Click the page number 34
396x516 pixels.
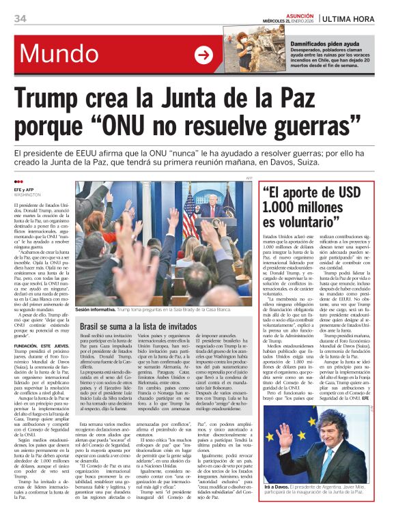pos(20,18)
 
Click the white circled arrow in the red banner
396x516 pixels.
pos(203,55)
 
